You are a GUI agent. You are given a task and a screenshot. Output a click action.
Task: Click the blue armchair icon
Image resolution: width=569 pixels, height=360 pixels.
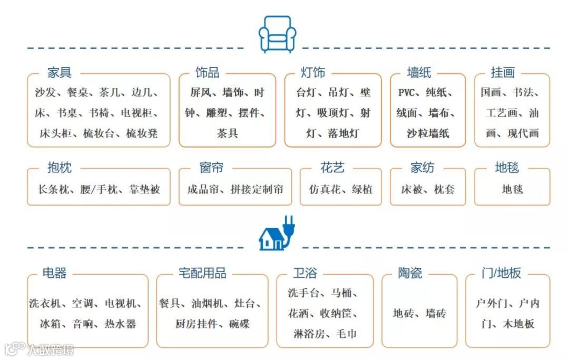click(x=278, y=33)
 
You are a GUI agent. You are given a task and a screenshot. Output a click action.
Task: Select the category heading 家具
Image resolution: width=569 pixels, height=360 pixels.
click(x=59, y=73)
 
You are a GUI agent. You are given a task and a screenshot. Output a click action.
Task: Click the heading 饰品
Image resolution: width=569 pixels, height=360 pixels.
click(x=207, y=73)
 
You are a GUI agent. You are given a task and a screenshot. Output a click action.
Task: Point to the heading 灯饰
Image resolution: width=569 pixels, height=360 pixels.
click(x=313, y=73)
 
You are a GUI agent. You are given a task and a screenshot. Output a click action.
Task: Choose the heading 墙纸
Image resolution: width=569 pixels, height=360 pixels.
click(x=419, y=73)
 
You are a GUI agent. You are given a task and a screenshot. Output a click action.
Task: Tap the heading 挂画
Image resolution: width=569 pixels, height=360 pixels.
click(x=503, y=73)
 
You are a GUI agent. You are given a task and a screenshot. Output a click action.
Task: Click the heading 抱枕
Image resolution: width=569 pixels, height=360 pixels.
click(x=59, y=168)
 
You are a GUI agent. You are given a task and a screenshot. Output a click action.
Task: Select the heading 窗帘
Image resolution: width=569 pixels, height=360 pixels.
click(x=211, y=168)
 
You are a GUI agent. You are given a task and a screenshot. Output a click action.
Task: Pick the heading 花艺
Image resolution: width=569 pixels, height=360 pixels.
click(x=332, y=168)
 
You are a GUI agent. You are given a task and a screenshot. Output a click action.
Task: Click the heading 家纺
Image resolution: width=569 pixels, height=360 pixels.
click(x=423, y=168)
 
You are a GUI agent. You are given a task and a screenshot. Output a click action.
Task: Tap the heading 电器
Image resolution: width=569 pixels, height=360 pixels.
click(x=55, y=273)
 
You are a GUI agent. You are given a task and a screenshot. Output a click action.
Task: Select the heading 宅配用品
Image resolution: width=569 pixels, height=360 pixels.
click(x=203, y=273)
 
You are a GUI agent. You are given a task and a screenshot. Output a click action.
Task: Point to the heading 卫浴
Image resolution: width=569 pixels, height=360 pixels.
click(x=305, y=273)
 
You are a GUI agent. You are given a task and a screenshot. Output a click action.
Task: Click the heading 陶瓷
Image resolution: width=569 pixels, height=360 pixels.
click(x=410, y=273)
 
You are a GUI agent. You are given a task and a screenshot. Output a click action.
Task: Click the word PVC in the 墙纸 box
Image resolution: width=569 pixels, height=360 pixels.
click(x=407, y=93)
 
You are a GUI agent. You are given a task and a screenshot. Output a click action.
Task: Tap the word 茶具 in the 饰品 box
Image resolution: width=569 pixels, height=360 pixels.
click(x=228, y=133)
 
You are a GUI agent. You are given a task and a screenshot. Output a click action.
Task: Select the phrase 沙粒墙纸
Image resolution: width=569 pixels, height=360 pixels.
click(x=428, y=133)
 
